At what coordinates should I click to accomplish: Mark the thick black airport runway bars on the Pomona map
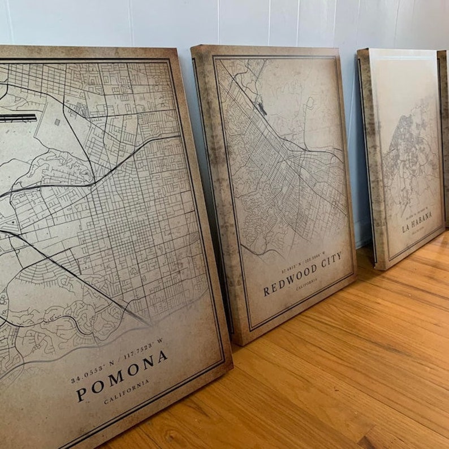[x=18, y=118]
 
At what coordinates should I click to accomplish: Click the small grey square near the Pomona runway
[x=57, y=122]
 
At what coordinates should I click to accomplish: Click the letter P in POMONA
[x=81, y=394]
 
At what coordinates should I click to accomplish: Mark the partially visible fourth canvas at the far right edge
[x=443, y=136]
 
